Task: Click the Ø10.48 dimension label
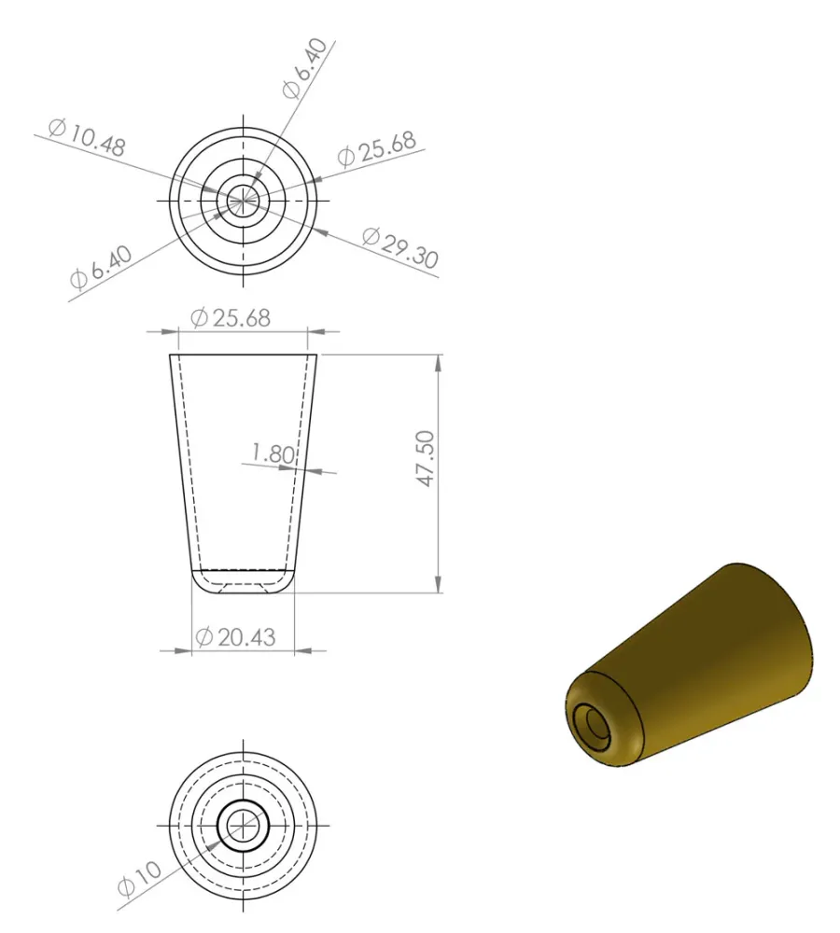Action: pyautogui.click(x=87, y=138)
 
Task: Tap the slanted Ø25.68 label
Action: pyautogui.click(x=377, y=148)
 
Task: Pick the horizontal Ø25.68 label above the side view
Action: pyautogui.click(x=231, y=318)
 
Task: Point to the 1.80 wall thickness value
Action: pyautogui.click(x=273, y=454)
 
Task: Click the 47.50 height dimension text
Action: pyautogui.click(x=427, y=459)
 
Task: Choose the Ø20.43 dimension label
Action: pyautogui.click(x=236, y=637)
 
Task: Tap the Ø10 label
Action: pyautogui.click(x=139, y=879)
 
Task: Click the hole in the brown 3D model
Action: pyautogui.click(x=595, y=724)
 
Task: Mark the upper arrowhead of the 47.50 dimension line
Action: pyautogui.click(x=439, y=363)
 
